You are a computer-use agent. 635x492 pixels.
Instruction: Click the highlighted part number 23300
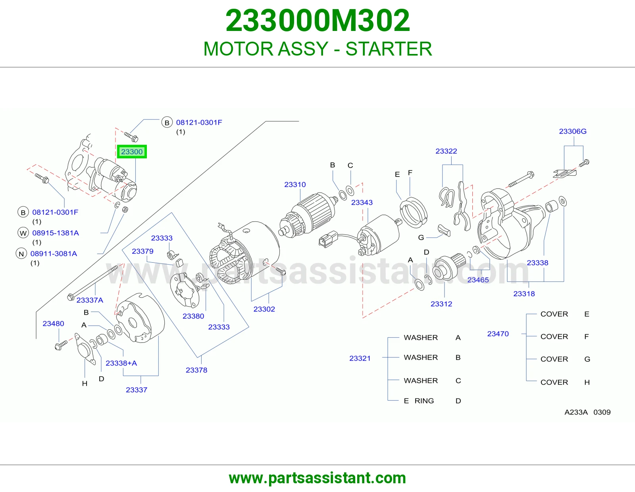[132, 152]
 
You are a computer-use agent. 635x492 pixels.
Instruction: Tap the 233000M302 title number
[317, 21]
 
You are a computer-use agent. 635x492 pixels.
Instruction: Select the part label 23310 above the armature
[295, 184]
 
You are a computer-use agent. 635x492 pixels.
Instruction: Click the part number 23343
[362, 202]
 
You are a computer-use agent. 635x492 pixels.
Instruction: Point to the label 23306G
[573, 131]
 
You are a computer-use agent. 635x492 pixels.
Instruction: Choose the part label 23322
[446, 151]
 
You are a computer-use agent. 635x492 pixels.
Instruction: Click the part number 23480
[53, 323]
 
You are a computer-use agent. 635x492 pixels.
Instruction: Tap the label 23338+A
[121, 363]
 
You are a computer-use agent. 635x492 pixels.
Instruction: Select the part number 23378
[196, 370]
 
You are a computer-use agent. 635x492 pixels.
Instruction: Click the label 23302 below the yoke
[264, 309]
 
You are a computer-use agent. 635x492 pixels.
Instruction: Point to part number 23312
[441, 304]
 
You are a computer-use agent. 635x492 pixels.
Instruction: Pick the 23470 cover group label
[498, 334]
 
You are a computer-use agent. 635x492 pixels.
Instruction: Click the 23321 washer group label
[360, 358]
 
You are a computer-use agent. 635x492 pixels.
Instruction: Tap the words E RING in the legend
[419, 401]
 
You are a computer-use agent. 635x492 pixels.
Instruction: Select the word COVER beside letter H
[554, 382]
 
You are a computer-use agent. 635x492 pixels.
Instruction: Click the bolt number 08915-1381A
[56, 233]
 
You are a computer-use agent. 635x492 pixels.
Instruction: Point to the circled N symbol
[21, 254]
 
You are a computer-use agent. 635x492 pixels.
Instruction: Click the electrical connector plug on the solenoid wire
[329, 239]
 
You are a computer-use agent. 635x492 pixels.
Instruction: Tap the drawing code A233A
[576, 412]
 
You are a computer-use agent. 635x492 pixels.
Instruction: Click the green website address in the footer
[317, 478]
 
